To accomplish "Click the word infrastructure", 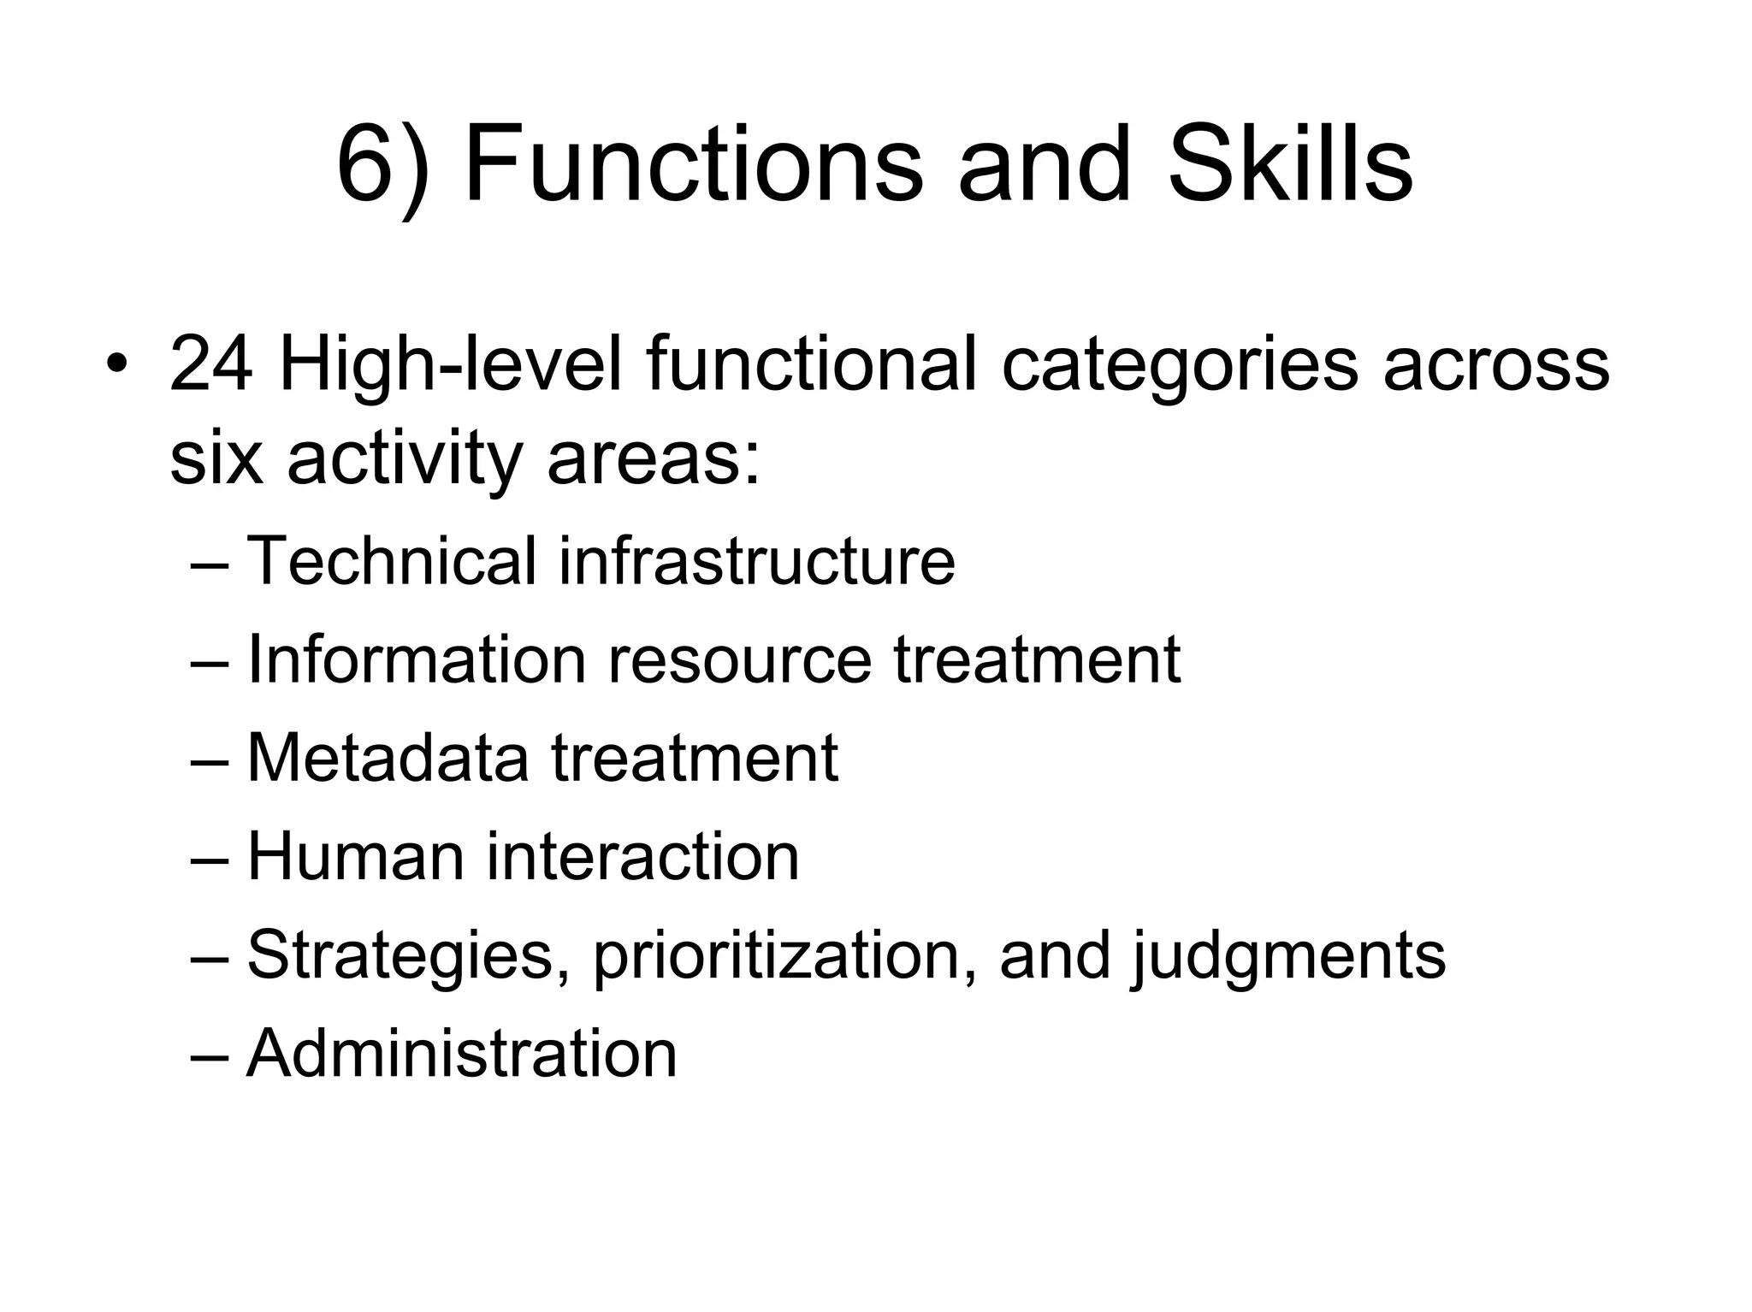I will pos(756,561).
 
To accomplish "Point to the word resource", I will pos(739,660).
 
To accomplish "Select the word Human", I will pos(356,856).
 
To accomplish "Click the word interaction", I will pos(642,856).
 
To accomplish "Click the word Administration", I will pos(462,1053).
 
